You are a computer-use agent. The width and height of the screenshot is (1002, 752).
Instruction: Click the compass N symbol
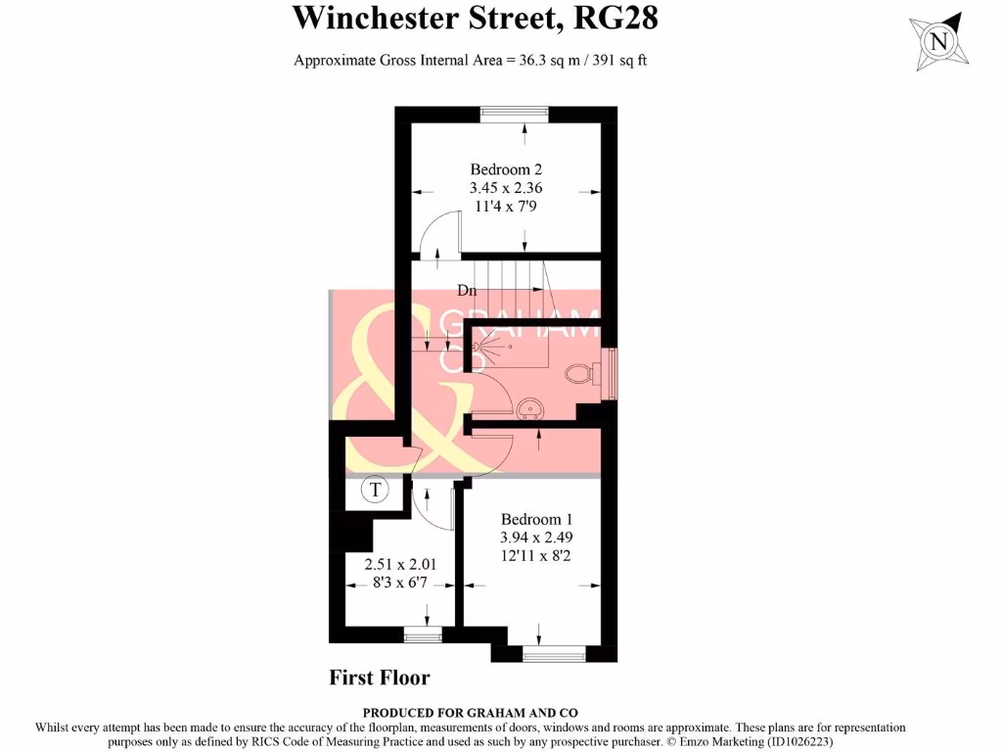pyautogui.click(x=940, y=42)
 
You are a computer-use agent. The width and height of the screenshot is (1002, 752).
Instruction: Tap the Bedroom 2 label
pyautogui.click(x=506, y=167)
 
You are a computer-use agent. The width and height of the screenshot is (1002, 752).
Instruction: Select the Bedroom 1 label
pyautogui.click(x=536, y=519)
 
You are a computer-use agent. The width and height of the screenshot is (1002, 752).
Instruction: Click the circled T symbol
pyautogui.click(x=375, y=490)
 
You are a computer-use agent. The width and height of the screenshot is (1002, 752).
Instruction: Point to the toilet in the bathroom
pyautogui.click(x=580, y=373)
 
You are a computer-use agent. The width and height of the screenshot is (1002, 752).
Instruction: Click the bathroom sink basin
pyautogui.click(x=530, y=406)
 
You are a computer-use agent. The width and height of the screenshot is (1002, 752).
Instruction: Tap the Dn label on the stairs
pyautogui.click(x=467, y=290)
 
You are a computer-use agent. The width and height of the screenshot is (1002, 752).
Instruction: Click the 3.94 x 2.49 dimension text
pyautogui.click(x=536, y=538)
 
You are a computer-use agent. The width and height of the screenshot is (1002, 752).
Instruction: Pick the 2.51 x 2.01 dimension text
pyautogui.click(x=399, y=565)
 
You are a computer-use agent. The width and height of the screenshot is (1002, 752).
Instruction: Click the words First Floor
pyautogui.click(x=380, y=677)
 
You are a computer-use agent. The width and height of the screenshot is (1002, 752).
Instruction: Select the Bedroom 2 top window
pyautogui.click(x=514, y=114)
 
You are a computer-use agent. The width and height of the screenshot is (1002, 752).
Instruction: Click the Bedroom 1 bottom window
pyautogui.click(x=554, y=654)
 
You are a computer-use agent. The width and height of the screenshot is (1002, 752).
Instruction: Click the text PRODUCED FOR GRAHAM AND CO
pyautogui.click(x=469, y=713)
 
